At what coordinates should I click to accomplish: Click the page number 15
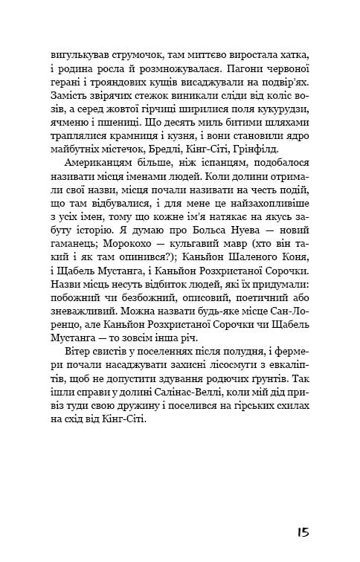coord(300,532)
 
